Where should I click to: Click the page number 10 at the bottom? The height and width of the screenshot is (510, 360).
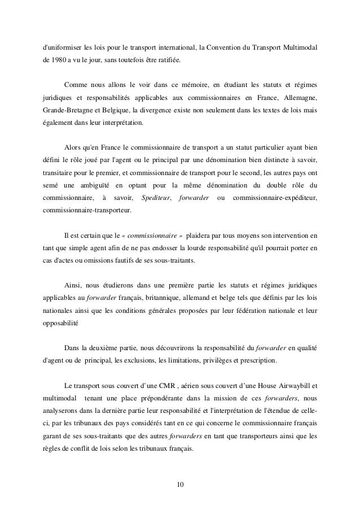pos(180,484)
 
